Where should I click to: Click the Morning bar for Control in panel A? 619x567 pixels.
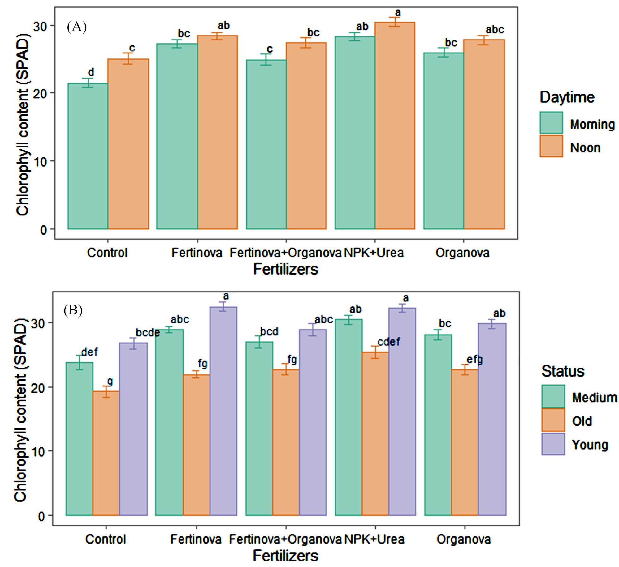pyautogui.click(x=88, y=156)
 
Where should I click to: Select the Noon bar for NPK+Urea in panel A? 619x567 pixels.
pyautogui.click(x=395, y=126)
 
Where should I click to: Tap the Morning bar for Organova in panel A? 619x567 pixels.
pyautogui.click(x=444, y=141)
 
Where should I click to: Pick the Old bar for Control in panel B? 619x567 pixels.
pyautogui.click(x=106, y=453)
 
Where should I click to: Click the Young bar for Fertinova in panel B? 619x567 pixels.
pyautogui.click(x=223, y=411)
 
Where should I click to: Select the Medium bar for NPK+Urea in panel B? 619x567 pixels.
pyautogui.click(x=348, y=417)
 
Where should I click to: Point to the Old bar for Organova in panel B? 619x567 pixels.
pyautogui.click(x=465, y=442)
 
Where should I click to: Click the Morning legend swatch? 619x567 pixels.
pyautogui.click(x=551, y=123)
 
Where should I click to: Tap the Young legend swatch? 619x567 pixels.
pyautogui.click(x=553, y=444)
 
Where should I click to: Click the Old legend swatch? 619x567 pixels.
pyautogui.click(x=553, y=420)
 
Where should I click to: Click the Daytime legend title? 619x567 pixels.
pyautogui.click(x=567, y=97)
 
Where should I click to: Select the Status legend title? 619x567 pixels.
pyautogui.click(x=563, y=371)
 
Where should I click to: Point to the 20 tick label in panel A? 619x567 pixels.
pyautogui.click(x=40, y=93)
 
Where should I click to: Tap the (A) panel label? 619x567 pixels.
pyautogui.click(x=77, y=27)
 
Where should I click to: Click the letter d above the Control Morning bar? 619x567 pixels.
pyautogui.click(x=91, y=72)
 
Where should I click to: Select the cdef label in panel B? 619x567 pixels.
pyautogui.click(x=389, y=342)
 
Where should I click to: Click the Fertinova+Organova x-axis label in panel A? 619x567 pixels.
pyautogui.click(x=285, y=253)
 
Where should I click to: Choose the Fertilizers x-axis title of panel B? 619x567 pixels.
pyautogui.click(x=285, y=556)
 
